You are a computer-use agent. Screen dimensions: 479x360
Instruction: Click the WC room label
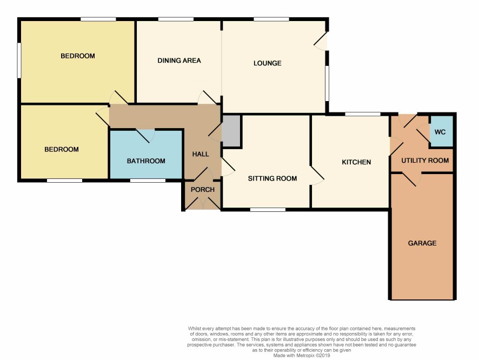tap(440, 132)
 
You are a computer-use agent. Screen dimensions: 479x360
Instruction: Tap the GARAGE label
tap(422, 243)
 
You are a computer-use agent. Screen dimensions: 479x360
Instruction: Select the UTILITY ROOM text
tap(425, 161)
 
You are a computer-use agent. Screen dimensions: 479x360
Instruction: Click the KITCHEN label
tap(356, 162)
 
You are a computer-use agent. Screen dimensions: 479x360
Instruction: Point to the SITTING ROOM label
tap(272, 178)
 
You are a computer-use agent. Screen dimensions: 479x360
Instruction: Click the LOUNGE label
tap(267, 63)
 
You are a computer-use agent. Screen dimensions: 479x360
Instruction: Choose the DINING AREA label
tap(179, 61)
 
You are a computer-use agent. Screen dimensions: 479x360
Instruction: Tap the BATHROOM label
tap(146, 161)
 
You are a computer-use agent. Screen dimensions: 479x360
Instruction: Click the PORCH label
tap(203, 190)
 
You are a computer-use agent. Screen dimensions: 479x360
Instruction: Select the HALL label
tap(201, 154)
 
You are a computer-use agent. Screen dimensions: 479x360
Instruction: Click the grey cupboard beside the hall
tap(231, 131)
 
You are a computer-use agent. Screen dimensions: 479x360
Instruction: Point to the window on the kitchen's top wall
tap(363, 114)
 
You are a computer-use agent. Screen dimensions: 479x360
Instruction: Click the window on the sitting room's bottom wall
tap(268, 210)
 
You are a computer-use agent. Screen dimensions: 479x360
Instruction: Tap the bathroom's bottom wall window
tap(148, 181)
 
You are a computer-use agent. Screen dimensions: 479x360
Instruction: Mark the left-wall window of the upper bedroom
tap(19, 60)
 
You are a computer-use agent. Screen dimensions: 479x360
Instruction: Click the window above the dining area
tap(176, 19)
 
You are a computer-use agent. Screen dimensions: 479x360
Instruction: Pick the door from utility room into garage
tap(412, 179)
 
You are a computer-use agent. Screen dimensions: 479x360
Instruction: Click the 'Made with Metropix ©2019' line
tap(302, 356)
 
